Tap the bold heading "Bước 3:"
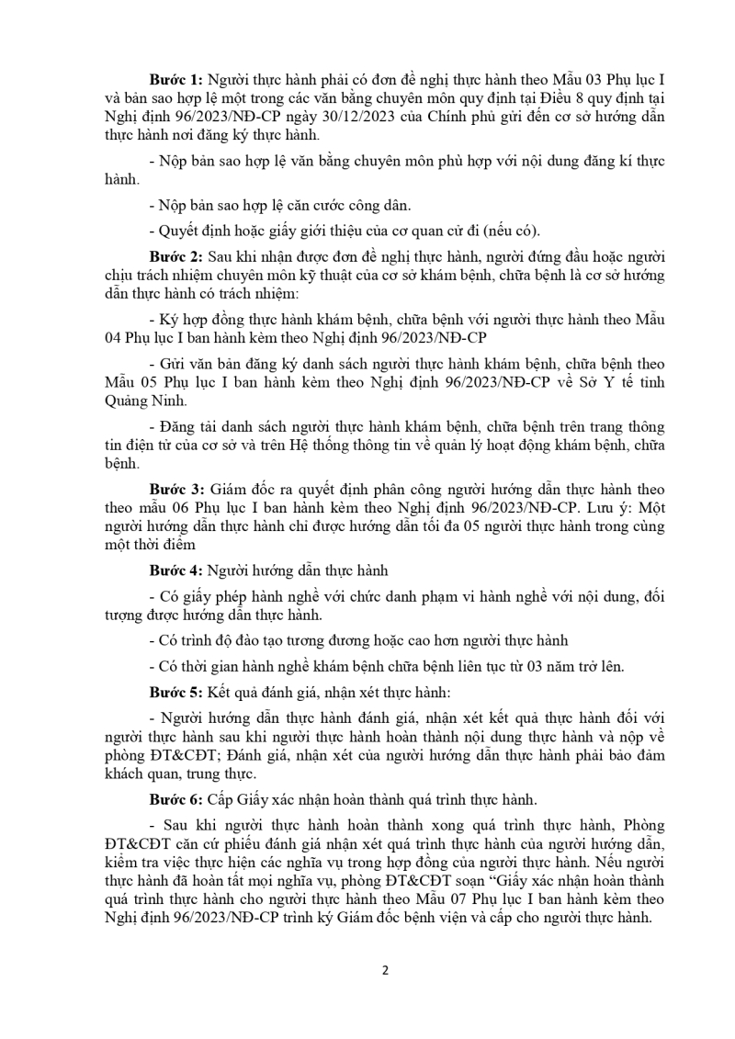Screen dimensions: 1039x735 click(x=176, y=489)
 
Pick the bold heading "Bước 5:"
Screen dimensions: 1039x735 click(x=176, y=687)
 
